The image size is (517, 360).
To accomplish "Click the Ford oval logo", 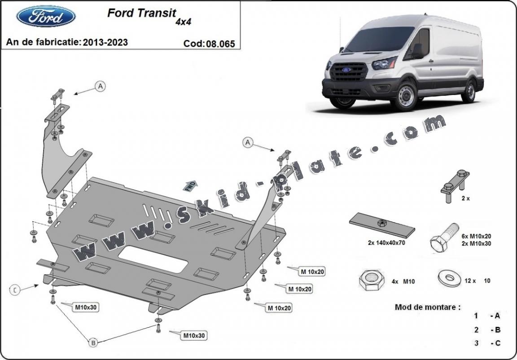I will pos(46,17).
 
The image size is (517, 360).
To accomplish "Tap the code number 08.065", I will pos(220,44).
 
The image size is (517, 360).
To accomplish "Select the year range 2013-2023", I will pos(105,42).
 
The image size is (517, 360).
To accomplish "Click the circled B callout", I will pos(93,343).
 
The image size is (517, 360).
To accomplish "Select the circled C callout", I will pos(15,290).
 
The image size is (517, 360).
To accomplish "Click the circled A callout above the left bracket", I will pos(100,86).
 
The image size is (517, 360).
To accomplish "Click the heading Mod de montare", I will pos(427,307).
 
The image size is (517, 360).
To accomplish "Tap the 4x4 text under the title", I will pos(183,22).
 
